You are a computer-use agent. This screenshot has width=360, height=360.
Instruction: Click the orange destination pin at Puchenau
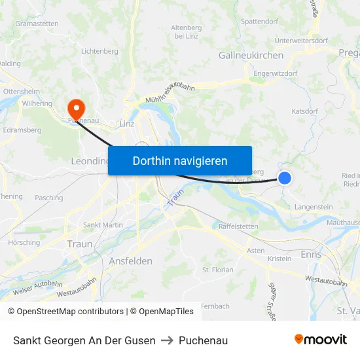point(76,107)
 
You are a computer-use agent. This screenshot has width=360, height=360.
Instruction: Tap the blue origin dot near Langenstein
point(285,177)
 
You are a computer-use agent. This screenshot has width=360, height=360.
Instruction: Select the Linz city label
point(127,124)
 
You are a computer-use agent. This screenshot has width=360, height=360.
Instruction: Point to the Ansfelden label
point(130,261)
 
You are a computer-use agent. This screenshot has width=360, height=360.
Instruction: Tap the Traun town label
point(80,244)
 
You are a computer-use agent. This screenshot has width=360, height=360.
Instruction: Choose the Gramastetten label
point(37,24)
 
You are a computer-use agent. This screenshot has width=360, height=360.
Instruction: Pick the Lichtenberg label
point(99,51)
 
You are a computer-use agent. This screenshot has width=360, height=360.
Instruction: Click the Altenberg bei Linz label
point(186,31)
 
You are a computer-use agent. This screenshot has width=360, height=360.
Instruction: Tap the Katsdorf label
point(305,111)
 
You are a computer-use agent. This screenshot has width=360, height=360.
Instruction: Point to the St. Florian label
point(218,269)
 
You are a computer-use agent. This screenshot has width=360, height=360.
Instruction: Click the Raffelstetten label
point(238,226)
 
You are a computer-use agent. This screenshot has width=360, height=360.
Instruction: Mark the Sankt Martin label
point(103,225)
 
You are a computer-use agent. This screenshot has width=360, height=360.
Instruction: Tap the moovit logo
point(321,339)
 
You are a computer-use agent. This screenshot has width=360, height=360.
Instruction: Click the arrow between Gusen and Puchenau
point(167,340)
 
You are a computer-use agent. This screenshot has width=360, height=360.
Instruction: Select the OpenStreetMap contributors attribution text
point(66,312)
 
